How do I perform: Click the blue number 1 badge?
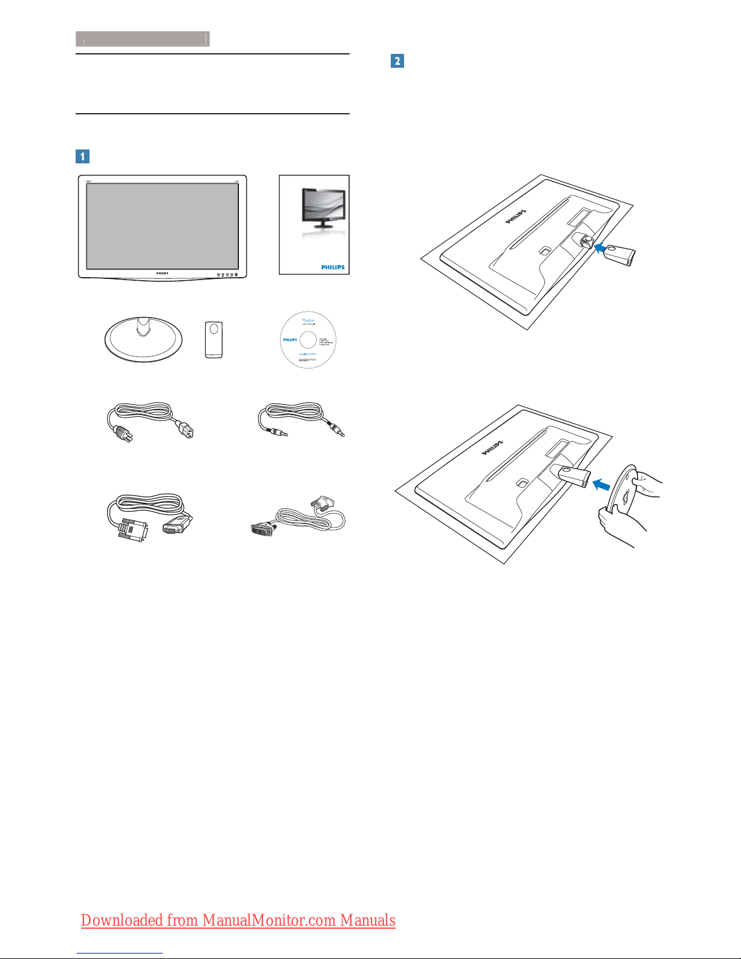(82, 156)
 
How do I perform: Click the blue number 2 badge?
(397, 61)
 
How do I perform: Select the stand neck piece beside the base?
(214, 339)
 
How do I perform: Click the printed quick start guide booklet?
(314, 224)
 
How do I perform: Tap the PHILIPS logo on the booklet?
(333, 267)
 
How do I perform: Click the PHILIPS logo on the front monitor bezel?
(162, 273)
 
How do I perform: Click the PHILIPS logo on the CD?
(290, 339)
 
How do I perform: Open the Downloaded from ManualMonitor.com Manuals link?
(238, 920)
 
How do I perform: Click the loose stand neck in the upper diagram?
(620, 255)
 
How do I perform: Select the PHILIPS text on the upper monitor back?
(516, 217)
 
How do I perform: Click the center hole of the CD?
(308, 339)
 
